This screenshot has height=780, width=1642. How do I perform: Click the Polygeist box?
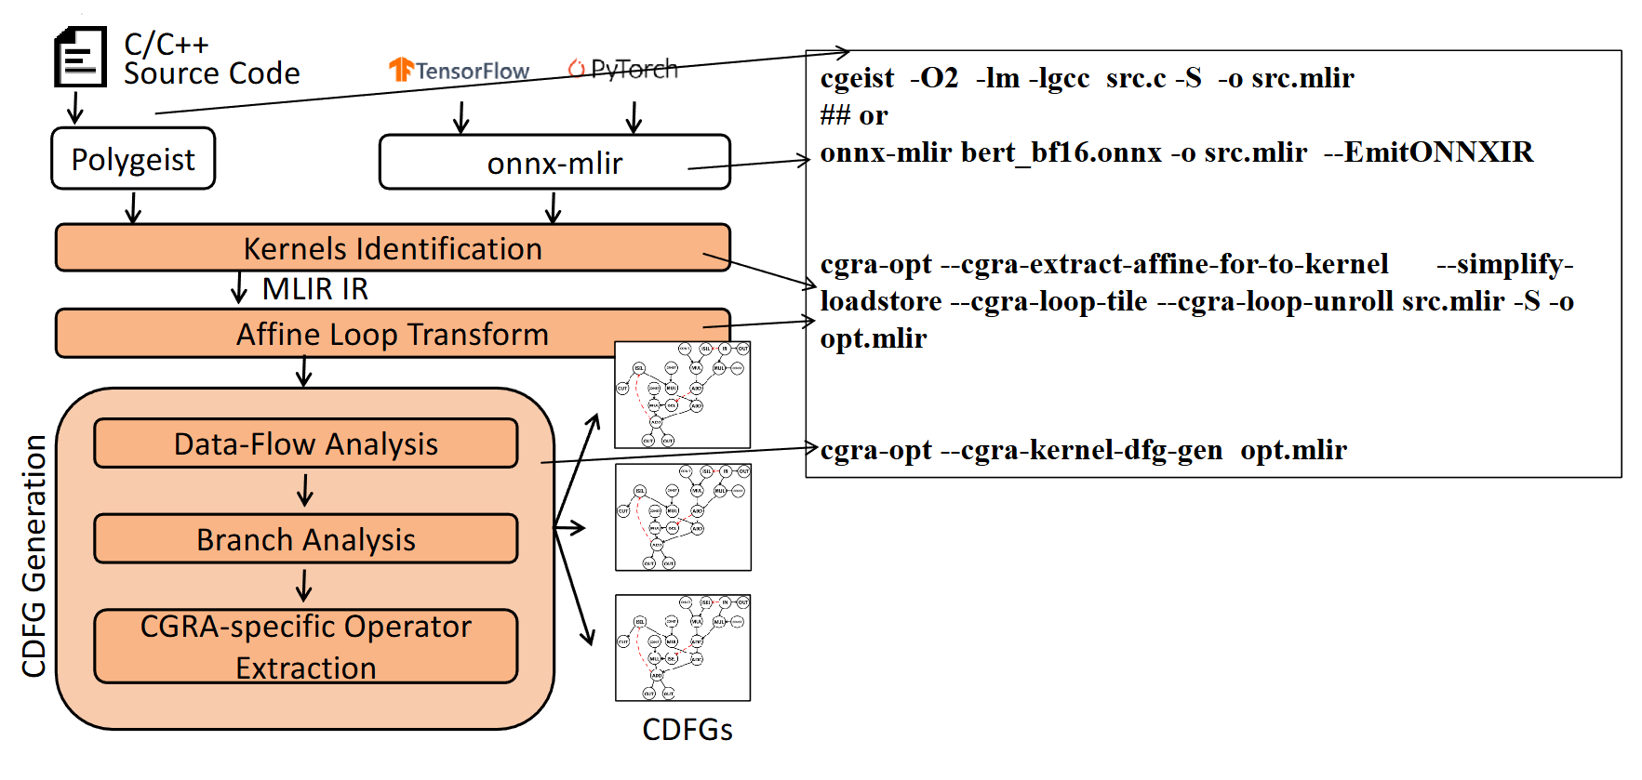(133, 159)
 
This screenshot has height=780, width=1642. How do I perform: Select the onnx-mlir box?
(554, 163)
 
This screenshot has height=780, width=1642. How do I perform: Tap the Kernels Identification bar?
(392, 248)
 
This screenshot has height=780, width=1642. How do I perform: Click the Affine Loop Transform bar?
(392, 334)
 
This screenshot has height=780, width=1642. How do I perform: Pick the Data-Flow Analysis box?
(305, 443)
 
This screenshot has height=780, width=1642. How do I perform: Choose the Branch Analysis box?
(305, 539)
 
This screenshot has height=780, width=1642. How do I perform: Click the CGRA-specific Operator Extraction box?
(305, 646)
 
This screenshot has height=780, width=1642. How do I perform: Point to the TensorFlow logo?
(459, 70)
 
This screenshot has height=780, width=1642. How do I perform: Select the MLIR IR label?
(314, 289)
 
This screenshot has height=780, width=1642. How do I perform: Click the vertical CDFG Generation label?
(33, 555)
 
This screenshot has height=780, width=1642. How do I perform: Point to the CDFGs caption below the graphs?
(687, 730)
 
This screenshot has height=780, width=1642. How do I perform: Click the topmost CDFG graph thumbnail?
(683, 394)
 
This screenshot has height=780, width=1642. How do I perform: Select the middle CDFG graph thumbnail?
(683, 517)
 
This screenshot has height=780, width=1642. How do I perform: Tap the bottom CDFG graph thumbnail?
(683, 648)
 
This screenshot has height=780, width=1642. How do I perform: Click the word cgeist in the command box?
(857, 78)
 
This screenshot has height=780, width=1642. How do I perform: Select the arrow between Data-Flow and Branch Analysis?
(305, 490)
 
